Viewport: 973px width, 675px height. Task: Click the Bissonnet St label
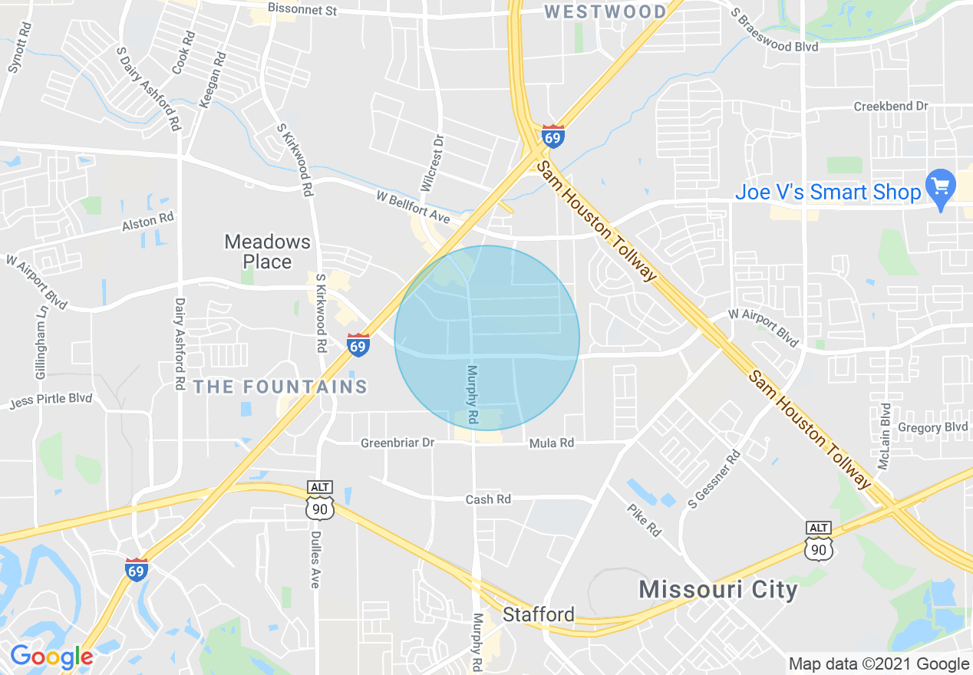click(302, 10)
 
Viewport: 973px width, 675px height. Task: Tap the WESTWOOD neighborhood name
click(605, 12)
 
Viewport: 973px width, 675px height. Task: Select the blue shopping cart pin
click(939, 189)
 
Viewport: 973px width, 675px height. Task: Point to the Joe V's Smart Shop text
click(828, 192)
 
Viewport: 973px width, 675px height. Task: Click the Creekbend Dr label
click(891, 106)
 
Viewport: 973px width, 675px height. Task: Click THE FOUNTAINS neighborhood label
click(281, 386)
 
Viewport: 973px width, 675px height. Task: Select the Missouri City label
click(718, 589)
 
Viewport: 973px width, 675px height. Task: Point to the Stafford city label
click(539, 614)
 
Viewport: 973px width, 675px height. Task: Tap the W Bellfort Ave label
click(412, 207)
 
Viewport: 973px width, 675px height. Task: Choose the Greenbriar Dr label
click(397, 443)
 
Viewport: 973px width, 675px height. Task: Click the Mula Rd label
click(551, 443)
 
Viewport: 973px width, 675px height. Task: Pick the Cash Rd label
click(488, 499)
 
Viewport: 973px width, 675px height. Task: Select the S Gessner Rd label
click(714, 479)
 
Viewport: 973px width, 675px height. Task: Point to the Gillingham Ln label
click(40, 349)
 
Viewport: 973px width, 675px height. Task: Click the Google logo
click(51, 657)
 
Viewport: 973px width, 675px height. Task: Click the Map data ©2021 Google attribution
click(879, 664)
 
